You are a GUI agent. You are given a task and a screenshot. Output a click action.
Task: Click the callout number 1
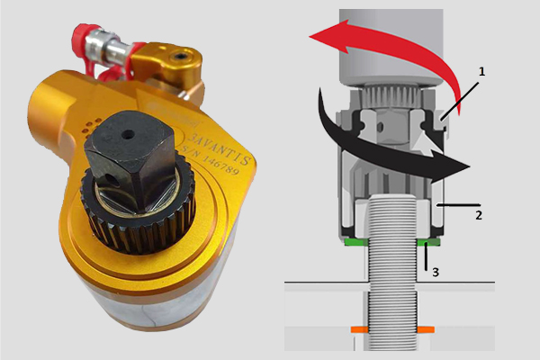click(481, 72)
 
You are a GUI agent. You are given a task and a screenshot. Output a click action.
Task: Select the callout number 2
click(479, 216)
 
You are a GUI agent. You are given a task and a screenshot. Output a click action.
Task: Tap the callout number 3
click(436, 273)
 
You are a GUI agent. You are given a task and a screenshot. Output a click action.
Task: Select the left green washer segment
click(355, 242)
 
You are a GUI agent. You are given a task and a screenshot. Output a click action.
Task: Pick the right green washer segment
click(428, 242)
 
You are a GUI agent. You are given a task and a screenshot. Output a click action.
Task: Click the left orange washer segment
click(359, 329)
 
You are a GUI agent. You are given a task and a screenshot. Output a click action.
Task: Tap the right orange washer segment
click(426, 329)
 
